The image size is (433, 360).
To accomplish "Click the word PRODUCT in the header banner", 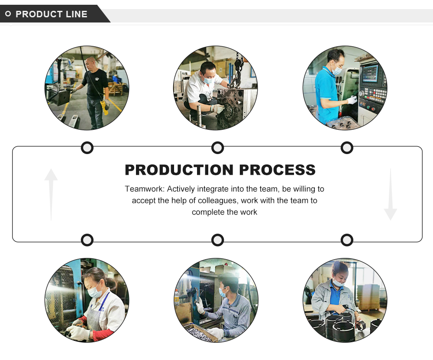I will (39, 14).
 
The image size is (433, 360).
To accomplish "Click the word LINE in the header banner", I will (77, 14).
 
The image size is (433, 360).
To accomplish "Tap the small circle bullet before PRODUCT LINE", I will (8, 14).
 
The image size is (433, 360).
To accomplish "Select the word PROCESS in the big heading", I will (278, 170).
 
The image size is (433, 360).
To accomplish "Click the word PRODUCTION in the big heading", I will (179, 170).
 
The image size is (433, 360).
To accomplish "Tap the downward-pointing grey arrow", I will (390, 195).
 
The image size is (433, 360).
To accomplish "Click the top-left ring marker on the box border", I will (87, 148).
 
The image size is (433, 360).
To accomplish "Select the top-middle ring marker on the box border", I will (217, 148).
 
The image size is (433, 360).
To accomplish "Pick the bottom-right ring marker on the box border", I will (347, 240).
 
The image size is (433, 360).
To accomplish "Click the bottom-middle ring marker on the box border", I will (217, 240).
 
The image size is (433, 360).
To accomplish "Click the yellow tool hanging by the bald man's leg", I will (104, 107).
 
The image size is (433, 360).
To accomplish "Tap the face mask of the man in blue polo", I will (337, 70).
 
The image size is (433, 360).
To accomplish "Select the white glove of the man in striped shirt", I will (200, 308).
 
